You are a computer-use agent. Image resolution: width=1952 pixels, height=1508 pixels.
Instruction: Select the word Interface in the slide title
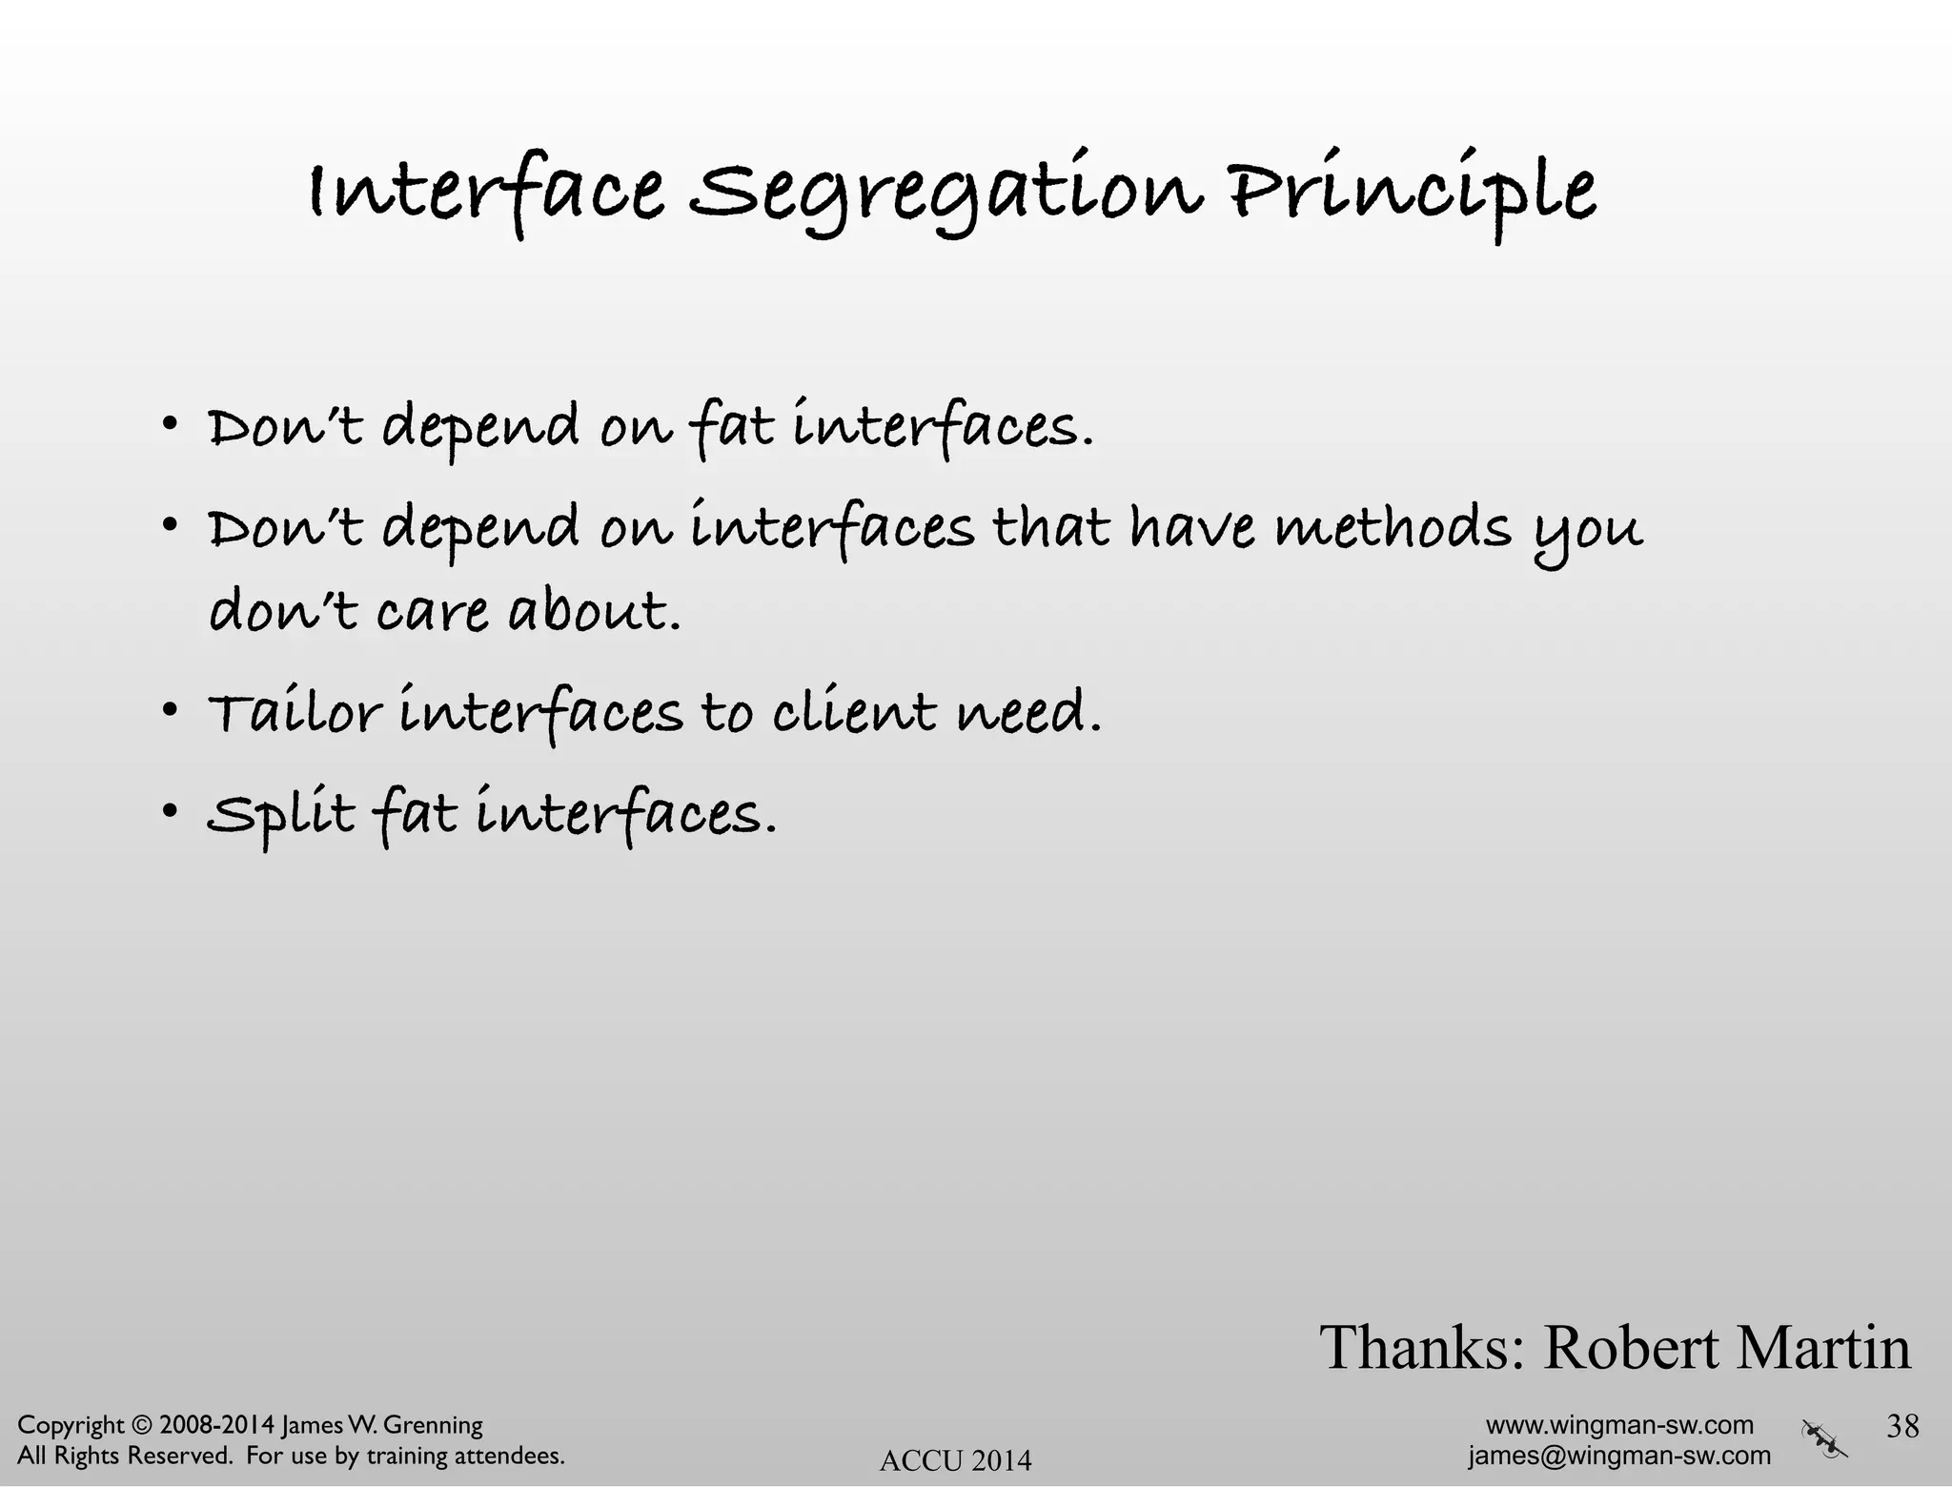[486, 191]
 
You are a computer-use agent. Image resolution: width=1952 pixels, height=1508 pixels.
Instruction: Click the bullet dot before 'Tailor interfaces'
[169, 710]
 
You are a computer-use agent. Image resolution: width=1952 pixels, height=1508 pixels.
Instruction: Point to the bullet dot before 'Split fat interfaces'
[169, 812]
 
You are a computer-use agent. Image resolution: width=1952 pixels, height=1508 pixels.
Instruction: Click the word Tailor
[295, 713]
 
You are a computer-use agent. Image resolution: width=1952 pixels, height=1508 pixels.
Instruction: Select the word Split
[281, 815]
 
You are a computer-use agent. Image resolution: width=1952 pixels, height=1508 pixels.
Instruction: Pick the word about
[595, 611]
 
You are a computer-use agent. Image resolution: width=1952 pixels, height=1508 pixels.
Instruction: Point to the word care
[432, 613]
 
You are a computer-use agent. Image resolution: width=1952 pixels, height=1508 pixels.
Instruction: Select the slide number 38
[1902, 1426]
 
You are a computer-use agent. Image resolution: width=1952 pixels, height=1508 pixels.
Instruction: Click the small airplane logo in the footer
[1824, 1439]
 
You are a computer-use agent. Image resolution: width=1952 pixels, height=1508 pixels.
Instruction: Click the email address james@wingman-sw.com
[1619, 1456]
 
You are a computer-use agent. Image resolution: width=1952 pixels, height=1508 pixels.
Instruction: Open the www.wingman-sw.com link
[1619, 1425]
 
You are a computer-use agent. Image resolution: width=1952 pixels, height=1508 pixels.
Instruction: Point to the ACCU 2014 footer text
[955, 1460]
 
